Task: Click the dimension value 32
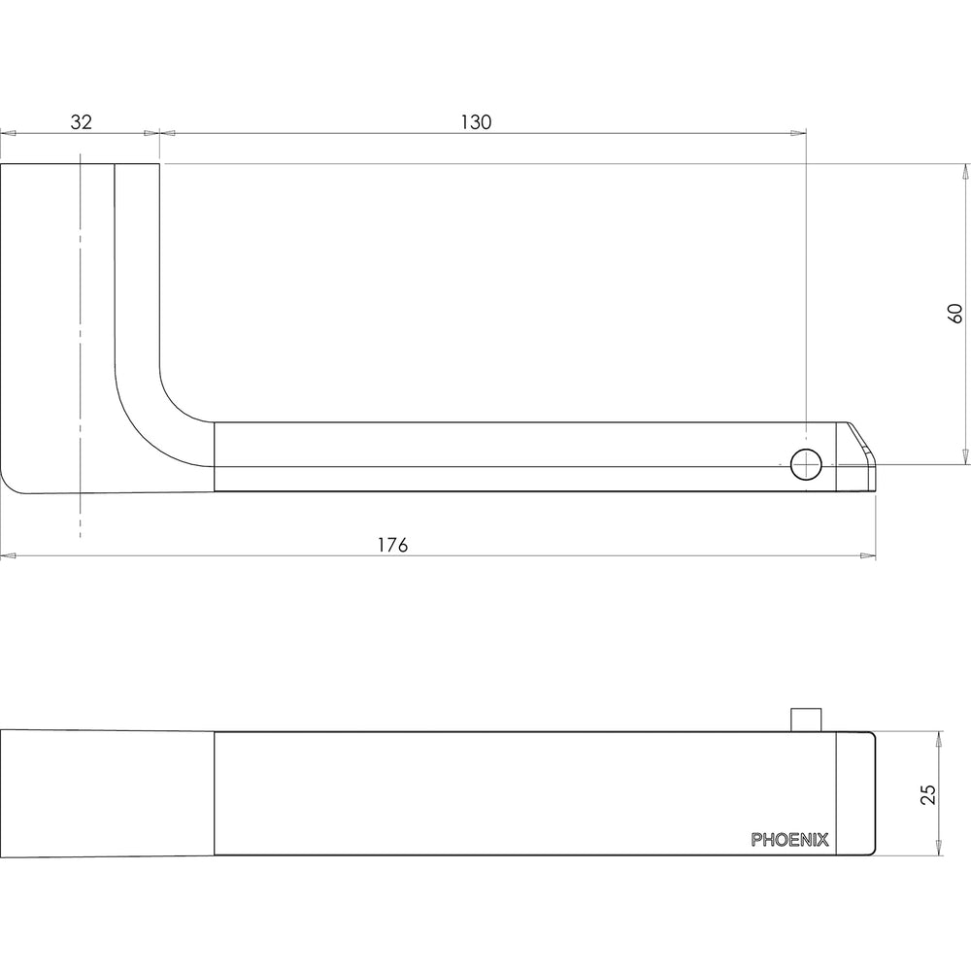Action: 82,122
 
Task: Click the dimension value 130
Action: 476,122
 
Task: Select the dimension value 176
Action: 393,545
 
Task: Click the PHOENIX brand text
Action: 789,840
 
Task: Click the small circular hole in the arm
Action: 806,464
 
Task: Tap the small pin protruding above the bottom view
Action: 806,719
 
